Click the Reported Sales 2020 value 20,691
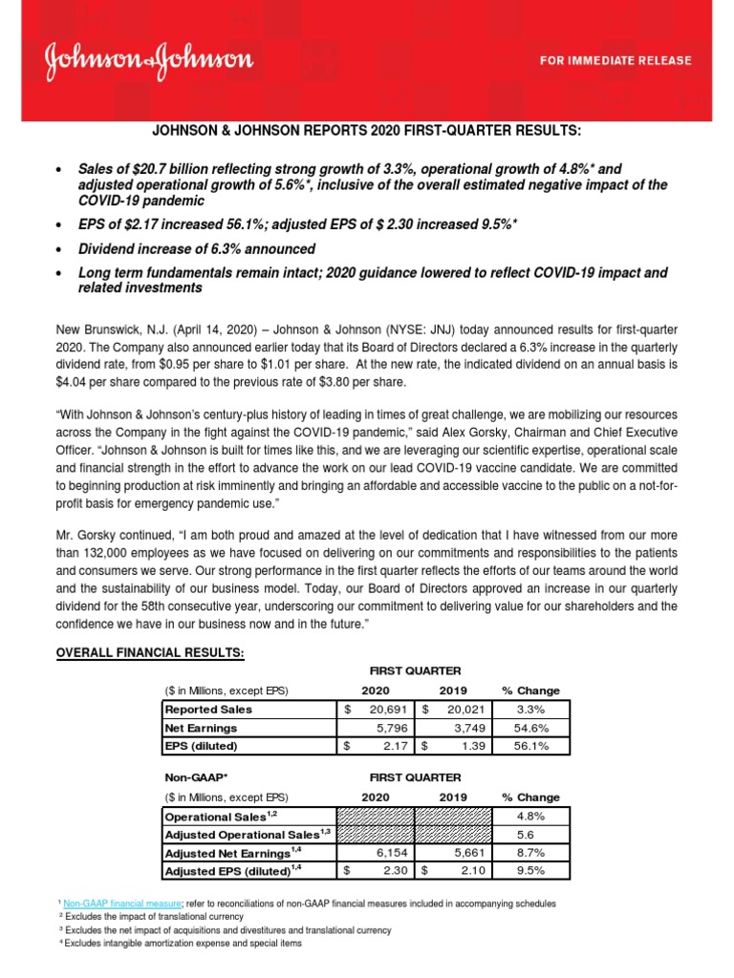384,710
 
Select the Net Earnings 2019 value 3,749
464,727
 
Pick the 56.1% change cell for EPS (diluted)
531,745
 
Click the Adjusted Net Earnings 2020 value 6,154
384,852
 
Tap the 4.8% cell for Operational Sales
531,817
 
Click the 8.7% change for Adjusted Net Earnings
531,852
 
